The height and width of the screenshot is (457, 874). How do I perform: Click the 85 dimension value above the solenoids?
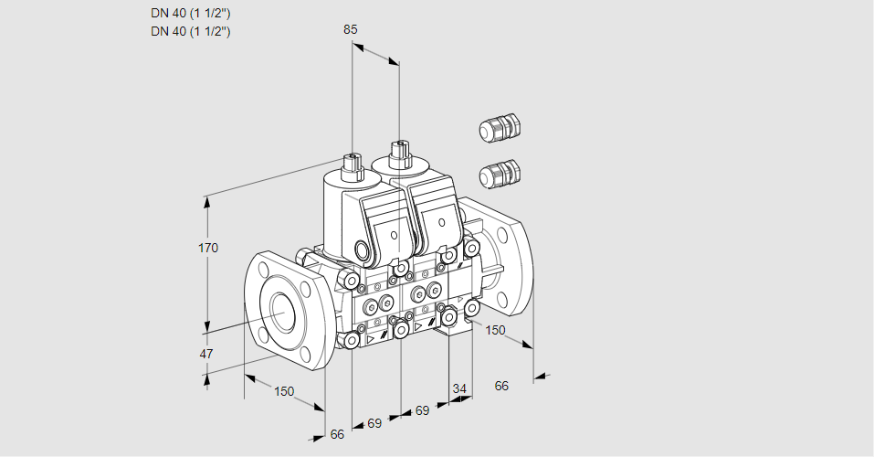pyautogui.click(x=350, y=29)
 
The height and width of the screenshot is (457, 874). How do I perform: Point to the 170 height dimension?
pyautogui.click(x=208, y=247)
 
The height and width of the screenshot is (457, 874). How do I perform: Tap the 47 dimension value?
pyautogui.click(x=206, y=354)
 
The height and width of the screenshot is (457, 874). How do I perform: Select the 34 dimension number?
pyautogui.click(x=459, y=388)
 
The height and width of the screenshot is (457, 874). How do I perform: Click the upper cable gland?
pyautogui.click(x=500, y=129)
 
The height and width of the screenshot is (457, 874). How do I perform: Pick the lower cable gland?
pyautogui.click(x=500, y=173)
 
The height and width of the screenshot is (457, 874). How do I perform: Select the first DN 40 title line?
pyautogui.click(x=190, y=14)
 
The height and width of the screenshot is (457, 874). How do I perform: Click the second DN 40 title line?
pyautogui.click(x=190, y=31)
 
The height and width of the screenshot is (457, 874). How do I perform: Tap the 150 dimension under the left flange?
pyautogui.click(x=285, y=391)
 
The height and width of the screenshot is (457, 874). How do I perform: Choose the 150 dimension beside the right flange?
pyautogui.click(x=495, y=330)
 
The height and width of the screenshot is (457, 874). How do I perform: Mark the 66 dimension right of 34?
pyautogui.click(x=501, y=386)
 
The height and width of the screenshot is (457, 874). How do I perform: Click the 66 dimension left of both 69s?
pyautogui.click(x=337, y=434)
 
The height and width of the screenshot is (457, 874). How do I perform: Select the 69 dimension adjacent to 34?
pyautogui.click(x=422, y=411)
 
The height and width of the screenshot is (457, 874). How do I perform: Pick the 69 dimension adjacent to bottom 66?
pyautogui.click(x=374, y=424)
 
